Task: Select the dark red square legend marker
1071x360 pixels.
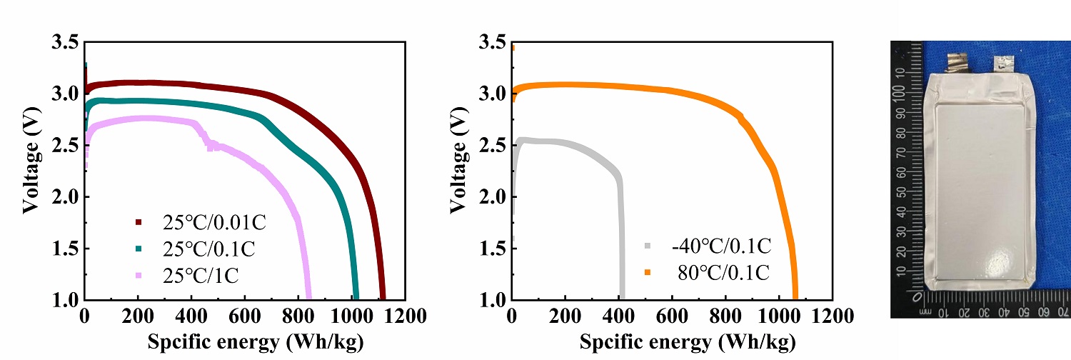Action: tap(139, 223)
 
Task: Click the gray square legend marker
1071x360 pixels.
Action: tap(648, 246)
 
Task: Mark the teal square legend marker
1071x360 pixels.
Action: tap(139, 249)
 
